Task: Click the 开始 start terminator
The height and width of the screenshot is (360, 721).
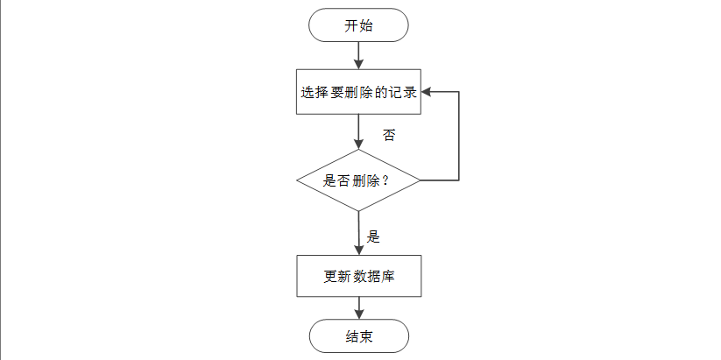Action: (358, 25)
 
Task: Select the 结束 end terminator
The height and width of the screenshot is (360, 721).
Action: (358, 336)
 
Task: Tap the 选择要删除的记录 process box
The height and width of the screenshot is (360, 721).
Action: (358, 92)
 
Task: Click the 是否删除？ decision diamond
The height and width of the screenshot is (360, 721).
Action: (358, 180)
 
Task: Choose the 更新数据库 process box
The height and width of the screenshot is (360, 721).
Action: (358, 276)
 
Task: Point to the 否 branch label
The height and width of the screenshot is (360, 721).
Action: (389, 136)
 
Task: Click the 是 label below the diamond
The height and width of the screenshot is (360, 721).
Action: (372, 236)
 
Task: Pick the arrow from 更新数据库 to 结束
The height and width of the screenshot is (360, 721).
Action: (358, 307)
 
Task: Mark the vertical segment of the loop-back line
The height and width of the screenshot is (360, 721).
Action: (459, 136)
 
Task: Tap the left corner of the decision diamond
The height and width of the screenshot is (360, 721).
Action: (299, 180)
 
